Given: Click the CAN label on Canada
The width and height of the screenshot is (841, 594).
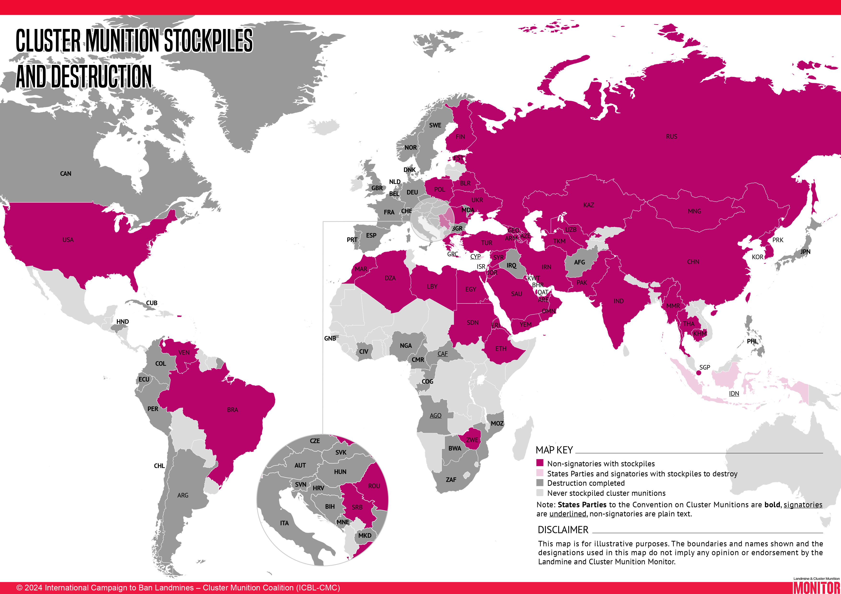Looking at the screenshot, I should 65,173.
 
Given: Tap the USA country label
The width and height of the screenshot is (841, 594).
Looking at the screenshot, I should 68,240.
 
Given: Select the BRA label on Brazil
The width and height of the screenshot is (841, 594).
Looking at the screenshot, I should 232,410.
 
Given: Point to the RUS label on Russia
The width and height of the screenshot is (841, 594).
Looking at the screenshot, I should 672,137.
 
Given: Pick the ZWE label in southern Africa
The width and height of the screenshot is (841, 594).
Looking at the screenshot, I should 472,440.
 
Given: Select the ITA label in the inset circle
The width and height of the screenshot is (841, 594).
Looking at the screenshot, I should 284,523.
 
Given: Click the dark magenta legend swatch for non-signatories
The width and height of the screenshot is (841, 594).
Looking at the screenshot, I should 540,463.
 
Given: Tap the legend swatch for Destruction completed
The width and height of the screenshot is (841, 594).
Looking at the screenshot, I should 540,483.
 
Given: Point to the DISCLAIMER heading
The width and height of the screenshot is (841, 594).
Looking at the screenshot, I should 563,530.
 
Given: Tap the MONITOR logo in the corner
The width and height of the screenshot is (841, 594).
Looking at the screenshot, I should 816,587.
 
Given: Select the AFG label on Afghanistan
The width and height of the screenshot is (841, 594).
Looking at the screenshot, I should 579,263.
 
